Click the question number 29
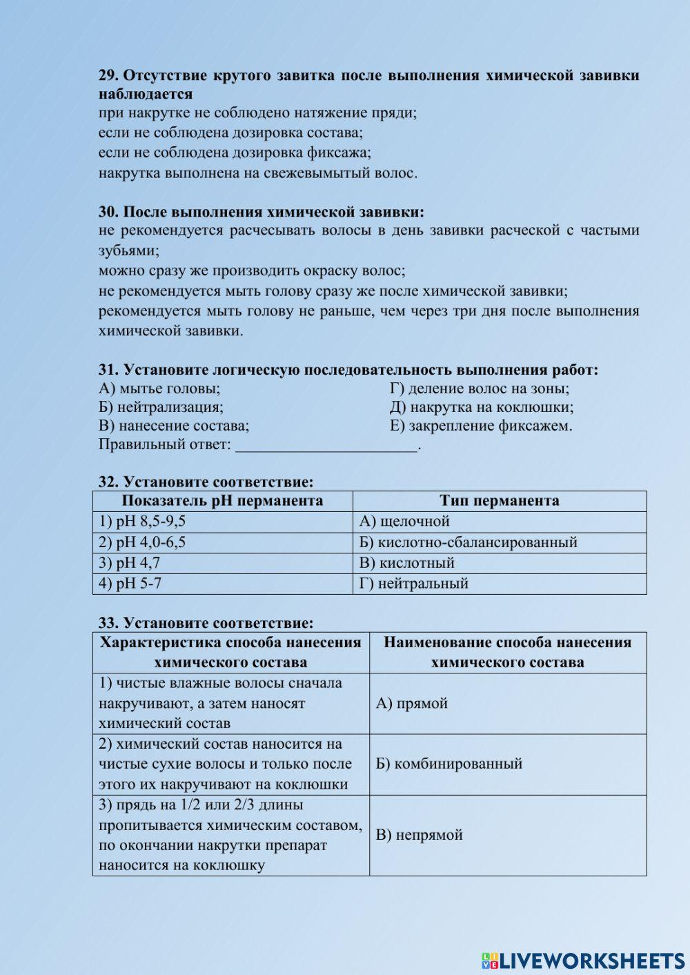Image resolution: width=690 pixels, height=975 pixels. pos(109,75)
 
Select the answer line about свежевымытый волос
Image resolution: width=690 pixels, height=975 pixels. pos(257,173)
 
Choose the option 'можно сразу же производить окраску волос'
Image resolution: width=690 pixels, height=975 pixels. pos(252,270)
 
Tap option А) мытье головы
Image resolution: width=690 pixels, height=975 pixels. pos(159,388)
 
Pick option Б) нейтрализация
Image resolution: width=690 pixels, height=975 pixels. pos(161,406)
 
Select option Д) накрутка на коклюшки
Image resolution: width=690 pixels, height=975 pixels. pos(481,406)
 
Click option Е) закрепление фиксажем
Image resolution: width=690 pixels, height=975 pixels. pos(480,425)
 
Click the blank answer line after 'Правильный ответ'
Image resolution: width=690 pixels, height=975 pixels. pos(326,445)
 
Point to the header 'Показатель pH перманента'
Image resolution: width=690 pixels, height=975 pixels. pos(222,500)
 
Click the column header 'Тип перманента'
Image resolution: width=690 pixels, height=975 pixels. pos(499,500)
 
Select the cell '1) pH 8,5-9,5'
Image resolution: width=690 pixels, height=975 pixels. pos(142,521)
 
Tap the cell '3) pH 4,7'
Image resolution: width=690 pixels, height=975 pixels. pos(130,562)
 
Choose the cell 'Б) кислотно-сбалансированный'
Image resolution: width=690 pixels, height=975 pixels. pos(468,542)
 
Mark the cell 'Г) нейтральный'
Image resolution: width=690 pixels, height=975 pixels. pos(413,583)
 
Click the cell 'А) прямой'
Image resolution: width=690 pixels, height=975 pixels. pos(411,703)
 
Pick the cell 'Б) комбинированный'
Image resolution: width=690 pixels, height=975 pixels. pos(448,764)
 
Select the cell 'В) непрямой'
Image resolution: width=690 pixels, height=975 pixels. pos(419,834)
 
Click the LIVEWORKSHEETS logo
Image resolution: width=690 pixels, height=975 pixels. pos(583,960)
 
